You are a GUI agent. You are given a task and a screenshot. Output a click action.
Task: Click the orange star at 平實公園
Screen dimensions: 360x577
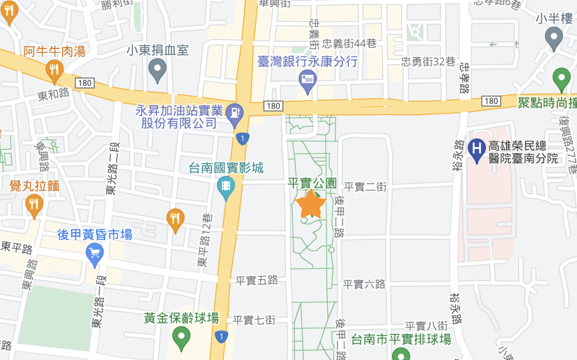tap(311, 204)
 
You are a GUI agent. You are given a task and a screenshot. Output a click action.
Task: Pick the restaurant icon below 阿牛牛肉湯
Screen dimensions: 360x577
tap(54, 70)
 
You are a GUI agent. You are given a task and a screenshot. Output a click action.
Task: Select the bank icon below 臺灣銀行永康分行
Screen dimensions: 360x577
tap(308, 80)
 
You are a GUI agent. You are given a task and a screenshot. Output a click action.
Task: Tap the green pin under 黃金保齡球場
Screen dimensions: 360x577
tap(181, 338)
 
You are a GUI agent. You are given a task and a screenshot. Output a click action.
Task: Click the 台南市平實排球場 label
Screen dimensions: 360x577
tap(401, 340)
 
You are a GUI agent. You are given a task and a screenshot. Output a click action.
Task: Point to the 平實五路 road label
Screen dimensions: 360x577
tap(256, 281)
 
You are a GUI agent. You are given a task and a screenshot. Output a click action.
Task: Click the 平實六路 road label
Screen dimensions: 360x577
tap(364, 284)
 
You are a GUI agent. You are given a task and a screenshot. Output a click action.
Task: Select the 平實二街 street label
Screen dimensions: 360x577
tap(365, 186)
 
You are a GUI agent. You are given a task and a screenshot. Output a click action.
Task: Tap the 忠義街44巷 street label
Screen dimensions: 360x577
tap(349, 44)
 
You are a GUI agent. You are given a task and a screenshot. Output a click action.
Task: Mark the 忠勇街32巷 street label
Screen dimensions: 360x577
tap(428, 62)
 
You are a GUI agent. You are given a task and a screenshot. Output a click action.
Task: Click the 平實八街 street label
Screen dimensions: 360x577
tap(426, 326)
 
